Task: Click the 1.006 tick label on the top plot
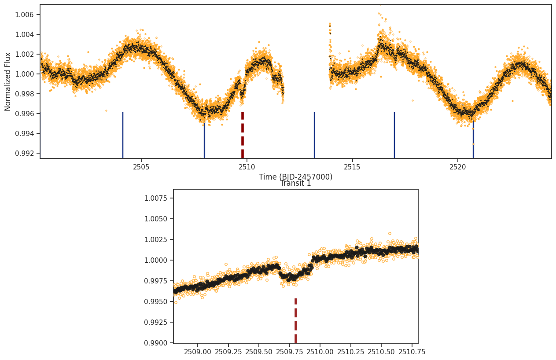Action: (x=24, y=15)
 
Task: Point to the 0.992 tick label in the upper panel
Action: (x=24, y=153)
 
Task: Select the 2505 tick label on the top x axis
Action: (x=141, y=167)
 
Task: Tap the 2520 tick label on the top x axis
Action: (x=457, y=167)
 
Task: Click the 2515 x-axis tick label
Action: (x=352, y=167)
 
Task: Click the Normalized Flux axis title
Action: (x=7, y=81)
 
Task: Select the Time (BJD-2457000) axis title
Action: (x=295, y=176)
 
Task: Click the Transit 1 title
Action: (x=295, y=184)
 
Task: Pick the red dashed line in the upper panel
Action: (x=243, y=135)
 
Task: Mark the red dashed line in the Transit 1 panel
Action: (x=296, y=320)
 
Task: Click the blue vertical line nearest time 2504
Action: (x=123, y=135)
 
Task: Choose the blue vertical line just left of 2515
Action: (x=314, y=135)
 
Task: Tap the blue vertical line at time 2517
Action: (x=394, y=135)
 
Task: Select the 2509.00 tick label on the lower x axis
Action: (x=198, y=352)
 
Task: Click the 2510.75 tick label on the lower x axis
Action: (x=412, y=352)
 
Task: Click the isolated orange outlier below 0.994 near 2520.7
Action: (x=473, y=144)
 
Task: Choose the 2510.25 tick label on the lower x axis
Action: (x=351, y=352)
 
